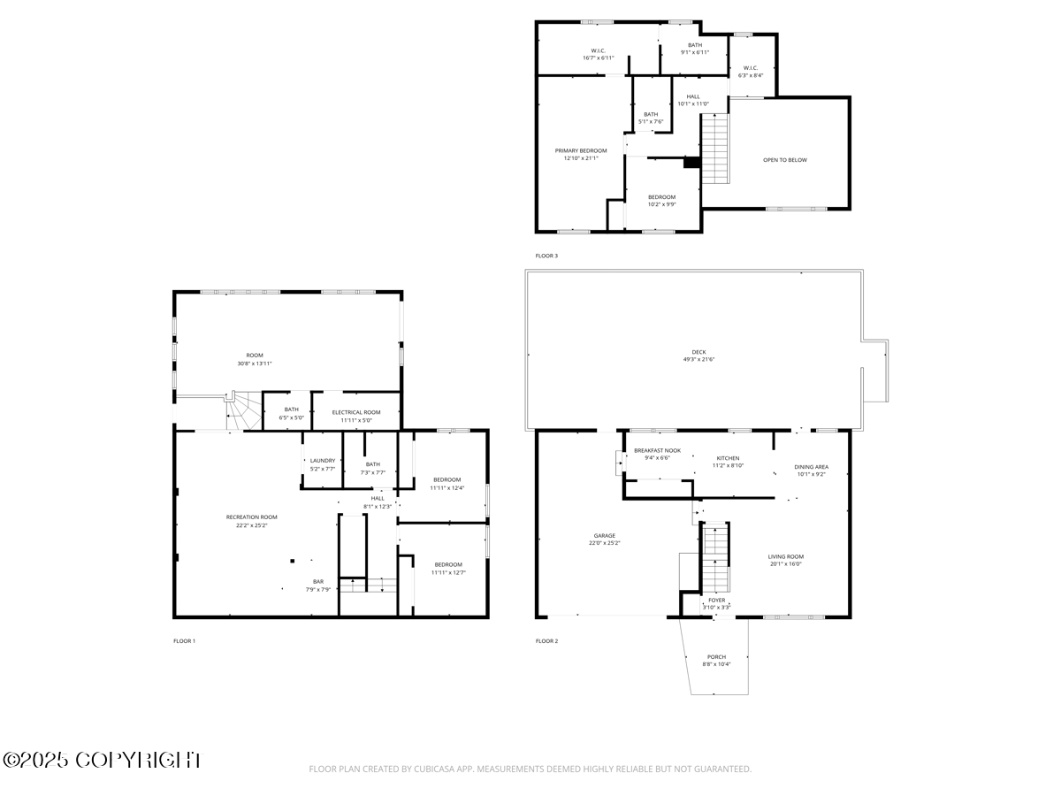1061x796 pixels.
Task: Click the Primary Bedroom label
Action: [581, 150]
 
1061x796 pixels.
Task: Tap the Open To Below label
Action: [784, 160]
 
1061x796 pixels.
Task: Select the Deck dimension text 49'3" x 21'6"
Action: [698, 359]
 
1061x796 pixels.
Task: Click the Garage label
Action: [604, 536]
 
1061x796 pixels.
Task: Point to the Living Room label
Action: [785, 556]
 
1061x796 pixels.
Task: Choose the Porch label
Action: [716, 657]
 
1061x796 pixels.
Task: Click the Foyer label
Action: [716, 600]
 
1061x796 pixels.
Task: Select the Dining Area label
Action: [811, 466]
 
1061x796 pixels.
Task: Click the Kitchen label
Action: [728, 458]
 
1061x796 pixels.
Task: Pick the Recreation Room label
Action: [251, 517]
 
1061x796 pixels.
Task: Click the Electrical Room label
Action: [356, 412]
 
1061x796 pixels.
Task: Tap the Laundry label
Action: [322, 460]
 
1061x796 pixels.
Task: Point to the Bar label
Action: [317, 581]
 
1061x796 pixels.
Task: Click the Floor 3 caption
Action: [546, 256]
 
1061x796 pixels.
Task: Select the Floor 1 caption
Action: [184, 640]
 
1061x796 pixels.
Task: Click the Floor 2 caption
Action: [546, 640]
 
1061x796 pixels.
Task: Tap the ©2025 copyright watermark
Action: [102, 760]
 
